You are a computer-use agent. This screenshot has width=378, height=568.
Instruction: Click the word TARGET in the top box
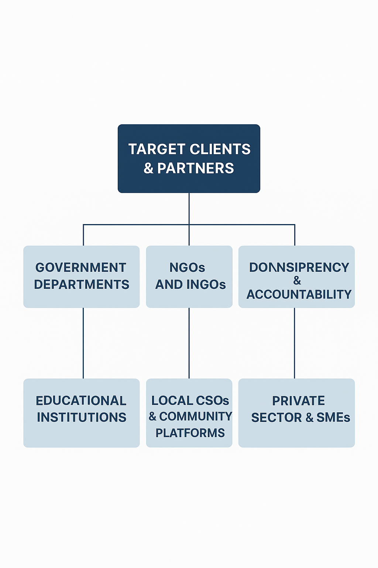coord(154,149)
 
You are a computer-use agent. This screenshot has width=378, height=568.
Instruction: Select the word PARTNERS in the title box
coord(195,168)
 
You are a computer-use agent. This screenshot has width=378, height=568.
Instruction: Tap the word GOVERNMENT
coord(81,267)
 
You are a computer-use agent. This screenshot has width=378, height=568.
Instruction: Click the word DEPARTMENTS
coord(82,284)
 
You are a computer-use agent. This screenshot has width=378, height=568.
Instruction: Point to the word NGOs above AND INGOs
coord(187,267)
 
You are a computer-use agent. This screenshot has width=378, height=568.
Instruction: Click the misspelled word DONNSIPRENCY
coord(299,267)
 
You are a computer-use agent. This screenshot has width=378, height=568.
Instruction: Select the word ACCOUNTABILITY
coord(299,294)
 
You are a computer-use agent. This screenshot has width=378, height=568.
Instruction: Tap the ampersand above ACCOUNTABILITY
coord(297,281)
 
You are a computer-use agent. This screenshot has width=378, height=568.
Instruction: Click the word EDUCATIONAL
coord(81,400)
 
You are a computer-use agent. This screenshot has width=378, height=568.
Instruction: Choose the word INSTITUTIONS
coord(82,417)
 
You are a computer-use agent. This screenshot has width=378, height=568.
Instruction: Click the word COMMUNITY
coord(196,416)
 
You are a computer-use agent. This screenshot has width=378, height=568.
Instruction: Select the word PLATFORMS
coord(190,433)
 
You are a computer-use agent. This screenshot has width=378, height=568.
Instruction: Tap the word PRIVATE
coord(299,400)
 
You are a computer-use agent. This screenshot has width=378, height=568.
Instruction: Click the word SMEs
coord(333,417)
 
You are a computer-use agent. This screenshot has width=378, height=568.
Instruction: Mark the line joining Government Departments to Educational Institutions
coord(83,343)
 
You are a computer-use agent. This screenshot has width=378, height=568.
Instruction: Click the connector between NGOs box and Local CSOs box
coord(189,343)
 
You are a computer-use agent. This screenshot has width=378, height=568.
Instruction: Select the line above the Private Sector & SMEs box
coord(295,343)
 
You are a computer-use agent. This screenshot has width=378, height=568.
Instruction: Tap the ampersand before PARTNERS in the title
coord(148,169)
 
